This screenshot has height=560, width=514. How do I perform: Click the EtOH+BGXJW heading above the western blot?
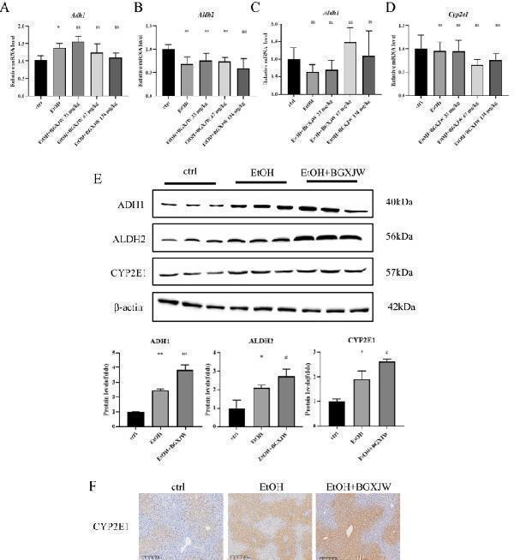point(338,172)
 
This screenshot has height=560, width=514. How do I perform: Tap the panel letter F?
point(93,483)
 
